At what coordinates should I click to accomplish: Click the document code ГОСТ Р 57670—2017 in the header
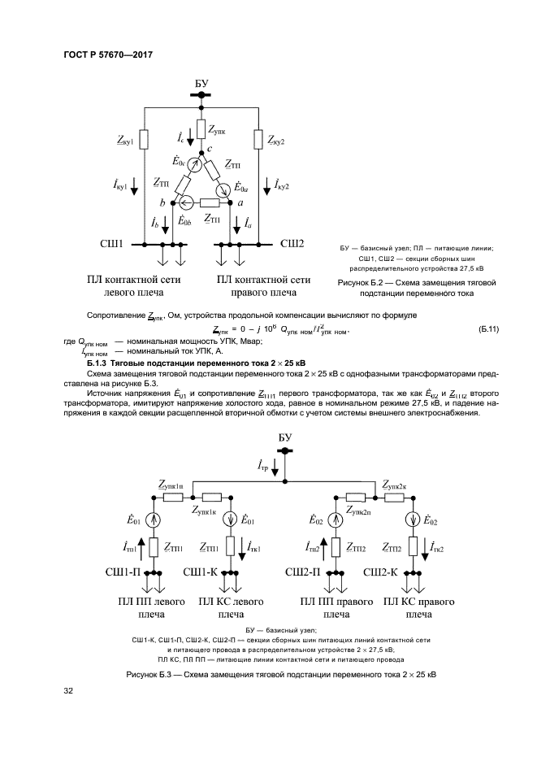(107, 55)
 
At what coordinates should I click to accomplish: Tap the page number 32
(69, 691)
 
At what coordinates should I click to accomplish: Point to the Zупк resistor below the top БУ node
(200, 128)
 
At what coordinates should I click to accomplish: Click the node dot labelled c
(200, 150)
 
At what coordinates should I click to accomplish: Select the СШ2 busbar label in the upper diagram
(292, 243)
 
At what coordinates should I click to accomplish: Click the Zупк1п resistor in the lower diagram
(172, 496)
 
